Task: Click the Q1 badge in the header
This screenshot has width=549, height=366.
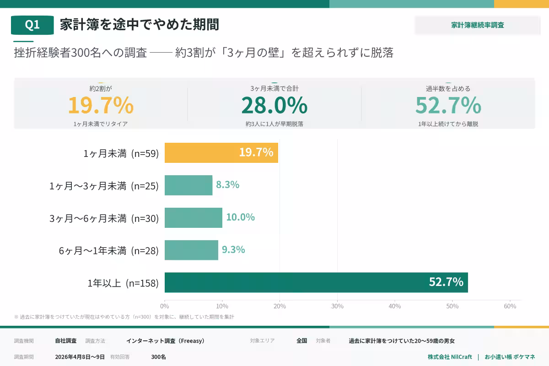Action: [32, 25]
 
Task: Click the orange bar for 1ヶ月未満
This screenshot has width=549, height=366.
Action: [221, 153]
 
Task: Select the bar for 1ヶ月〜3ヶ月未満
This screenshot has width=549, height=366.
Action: [188, 185]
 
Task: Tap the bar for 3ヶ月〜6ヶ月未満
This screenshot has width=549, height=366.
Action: [193, 218]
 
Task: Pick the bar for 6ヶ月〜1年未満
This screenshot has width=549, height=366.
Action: [191, 250]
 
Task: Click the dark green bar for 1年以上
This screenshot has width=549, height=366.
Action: [316, 283]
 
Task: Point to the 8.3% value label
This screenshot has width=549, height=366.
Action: [228, 185]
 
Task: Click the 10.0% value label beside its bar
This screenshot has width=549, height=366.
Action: [240, 217]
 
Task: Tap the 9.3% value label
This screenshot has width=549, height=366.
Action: [233, 250]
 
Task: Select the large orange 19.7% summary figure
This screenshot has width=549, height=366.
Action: [101, 105]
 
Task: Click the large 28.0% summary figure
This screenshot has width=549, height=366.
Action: [274, 105]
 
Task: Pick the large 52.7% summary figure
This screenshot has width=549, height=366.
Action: [448, 105]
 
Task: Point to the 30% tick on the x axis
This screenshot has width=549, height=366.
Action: [337, 306]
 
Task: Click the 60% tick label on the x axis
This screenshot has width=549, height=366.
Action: [510, 306]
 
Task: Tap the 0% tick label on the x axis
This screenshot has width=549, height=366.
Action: [165, 306]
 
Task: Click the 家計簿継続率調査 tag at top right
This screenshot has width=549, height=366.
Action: [478, 25]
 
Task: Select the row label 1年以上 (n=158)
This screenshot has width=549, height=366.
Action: [123, 283]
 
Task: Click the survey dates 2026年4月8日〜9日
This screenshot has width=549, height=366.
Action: [80, 357]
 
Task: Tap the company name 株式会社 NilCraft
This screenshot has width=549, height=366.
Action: [450, 357]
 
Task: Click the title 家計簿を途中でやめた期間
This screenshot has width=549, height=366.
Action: [140, 25]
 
